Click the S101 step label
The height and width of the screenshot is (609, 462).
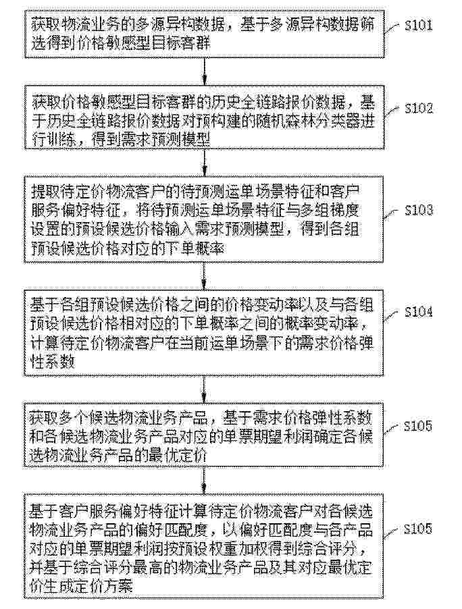click(419, 26)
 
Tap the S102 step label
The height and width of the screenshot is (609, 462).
click(419, 108)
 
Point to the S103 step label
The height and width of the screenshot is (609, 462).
click(419, 211)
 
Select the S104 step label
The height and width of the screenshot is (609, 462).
click(419, 312)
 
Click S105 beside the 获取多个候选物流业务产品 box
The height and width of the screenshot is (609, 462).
click(417, 426)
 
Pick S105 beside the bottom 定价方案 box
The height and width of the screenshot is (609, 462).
click(417, 529)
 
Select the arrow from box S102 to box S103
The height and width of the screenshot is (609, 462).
click(205, 162)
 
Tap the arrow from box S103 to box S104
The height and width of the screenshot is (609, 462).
click(205, 276)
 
